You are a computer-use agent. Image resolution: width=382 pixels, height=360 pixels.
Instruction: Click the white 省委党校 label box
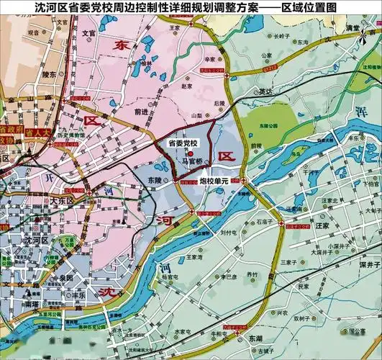click(182, 143)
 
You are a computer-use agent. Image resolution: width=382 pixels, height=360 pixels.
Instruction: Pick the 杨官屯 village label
click(170, 277)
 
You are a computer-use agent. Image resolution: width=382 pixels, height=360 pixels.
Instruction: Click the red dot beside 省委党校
click(190, 153)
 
